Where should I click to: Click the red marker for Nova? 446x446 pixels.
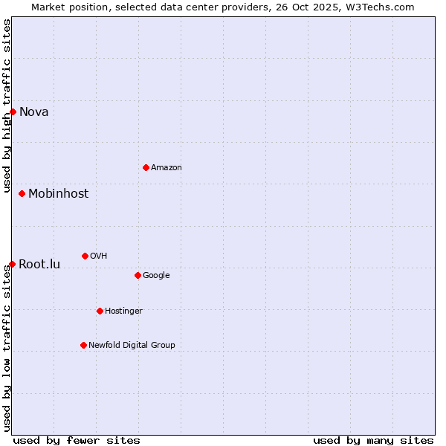pyautogui.click(x=13, y=111)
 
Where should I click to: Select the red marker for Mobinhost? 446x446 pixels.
pyautogui.click(x=22, y=193)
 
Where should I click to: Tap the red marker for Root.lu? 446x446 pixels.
pyautogui.click(x=12, y=264)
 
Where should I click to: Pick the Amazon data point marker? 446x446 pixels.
pyautogui.click(x=146, y=167)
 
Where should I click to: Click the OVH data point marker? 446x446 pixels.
pyautogui.click(x=85, y=256)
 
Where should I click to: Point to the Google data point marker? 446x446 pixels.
pyautogui.click(x=138, y=275)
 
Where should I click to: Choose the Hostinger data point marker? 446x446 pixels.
pyautogui.click(x=100, y=311)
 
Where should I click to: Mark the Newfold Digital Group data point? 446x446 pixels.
pyautogui.click(x=83, y=345)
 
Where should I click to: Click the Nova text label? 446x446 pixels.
pyautogui.click(x=34, y=112)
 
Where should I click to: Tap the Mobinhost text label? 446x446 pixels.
pyautogui.click(x=58, y=194)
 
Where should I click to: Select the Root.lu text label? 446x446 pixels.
pyautogui.click(x=39, y=265)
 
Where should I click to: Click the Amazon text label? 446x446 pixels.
pyautogui.click(x=167, y=168)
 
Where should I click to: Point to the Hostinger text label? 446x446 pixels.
pyautogui.click(x=123, y=311)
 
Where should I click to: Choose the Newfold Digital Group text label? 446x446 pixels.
pyautogui.click(x=132, y=345)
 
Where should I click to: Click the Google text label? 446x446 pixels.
pyautogui.click(x=156, y=276)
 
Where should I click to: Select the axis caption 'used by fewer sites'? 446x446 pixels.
pyautogui.click(x=77, y=440)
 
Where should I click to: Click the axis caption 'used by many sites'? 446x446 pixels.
pyautogui.click(x=373, y=440)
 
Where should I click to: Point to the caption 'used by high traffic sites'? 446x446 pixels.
pyautogui.click(x=7, y=106)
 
